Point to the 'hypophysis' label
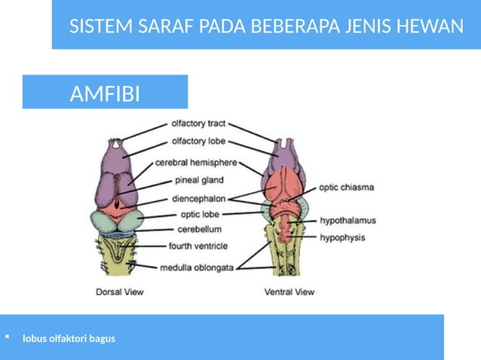click(343, 236)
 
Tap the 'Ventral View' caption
click(290, 291)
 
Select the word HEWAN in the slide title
click(436, 28)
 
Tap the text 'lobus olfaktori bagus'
click(69, 338)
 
